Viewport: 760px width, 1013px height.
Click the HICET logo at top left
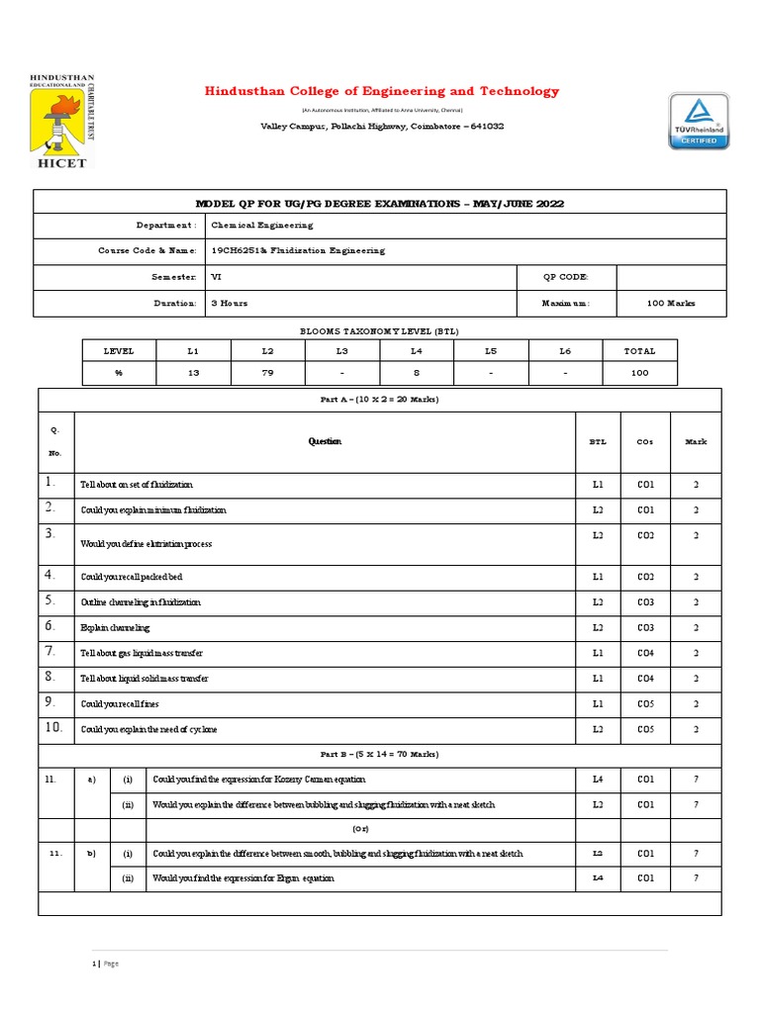click(x=58, y=120)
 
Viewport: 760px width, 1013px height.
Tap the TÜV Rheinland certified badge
click(x=700, y=121)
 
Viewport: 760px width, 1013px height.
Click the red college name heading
click(x=381, y=91)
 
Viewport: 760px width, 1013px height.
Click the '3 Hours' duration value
click(x=229, y=303)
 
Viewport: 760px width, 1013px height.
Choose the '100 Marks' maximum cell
click(x=670, y=303)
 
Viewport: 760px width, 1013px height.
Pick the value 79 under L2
click(x=266, y=373)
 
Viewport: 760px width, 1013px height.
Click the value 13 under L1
click(x=193, y=373)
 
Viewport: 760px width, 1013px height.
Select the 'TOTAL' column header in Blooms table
click(x=639, y=350)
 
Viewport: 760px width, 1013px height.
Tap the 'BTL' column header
click(x=598, y=442)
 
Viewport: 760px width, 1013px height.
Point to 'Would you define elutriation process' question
click(x=145, y=544)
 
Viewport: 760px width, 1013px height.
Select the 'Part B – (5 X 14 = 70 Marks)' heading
click(x=380, y=755)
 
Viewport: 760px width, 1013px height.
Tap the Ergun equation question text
click(x=242, y=877)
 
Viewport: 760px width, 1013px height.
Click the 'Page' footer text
click(x=108, y=964)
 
